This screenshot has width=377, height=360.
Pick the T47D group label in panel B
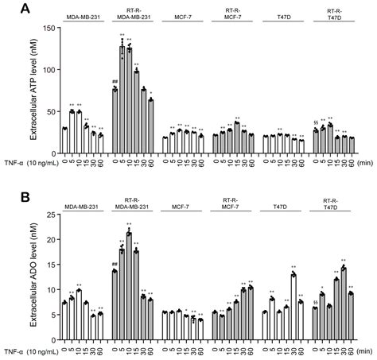(279, 207)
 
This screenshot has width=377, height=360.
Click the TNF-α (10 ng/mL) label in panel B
(29, 349)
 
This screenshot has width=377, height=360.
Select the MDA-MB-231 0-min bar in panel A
(64, 141)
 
